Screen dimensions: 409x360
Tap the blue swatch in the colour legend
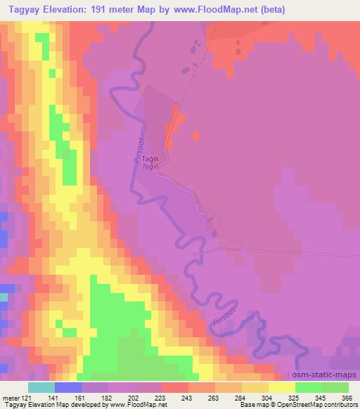point(68,387)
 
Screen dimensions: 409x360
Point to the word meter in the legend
point(11,398)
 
